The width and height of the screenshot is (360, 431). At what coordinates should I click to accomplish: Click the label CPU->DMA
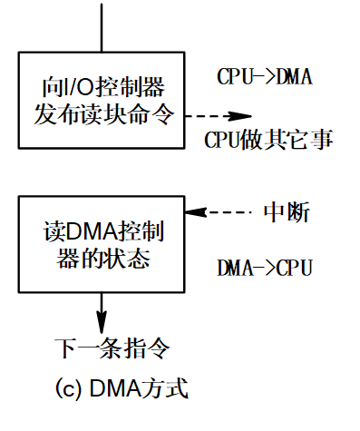(x=265, y=76)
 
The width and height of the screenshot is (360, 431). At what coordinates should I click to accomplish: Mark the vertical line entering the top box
(x=102, y=24)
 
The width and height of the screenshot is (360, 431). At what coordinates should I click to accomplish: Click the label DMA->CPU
(x=265, y=269)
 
